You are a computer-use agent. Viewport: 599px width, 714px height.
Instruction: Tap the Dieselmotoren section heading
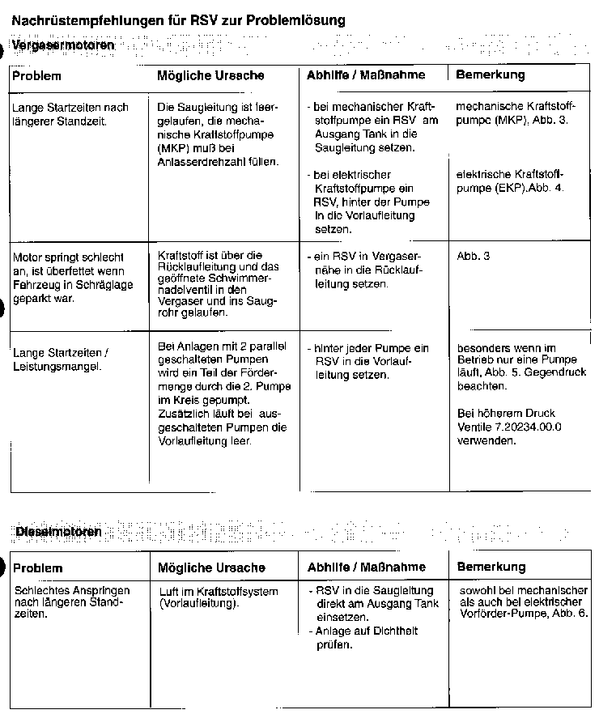tap(59, 531)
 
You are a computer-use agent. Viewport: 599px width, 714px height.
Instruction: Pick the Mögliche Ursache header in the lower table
tap(211, 567)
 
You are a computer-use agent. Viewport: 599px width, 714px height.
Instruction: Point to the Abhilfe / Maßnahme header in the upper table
tap(366, 75)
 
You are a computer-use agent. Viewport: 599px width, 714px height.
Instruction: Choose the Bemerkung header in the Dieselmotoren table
tap(491, 567)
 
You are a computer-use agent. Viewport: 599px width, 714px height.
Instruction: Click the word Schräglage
tap(99, 284)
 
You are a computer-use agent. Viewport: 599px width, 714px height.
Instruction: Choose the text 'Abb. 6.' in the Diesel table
tap(571, 614)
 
